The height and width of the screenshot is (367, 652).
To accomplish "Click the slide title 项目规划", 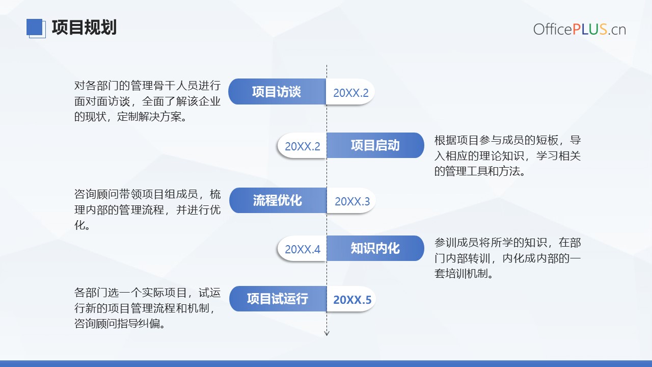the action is [x=84, y=28].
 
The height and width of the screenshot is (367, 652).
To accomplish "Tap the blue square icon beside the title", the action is [x=36, y=28].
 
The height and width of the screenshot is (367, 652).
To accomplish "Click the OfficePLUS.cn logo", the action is [x=580, y=30].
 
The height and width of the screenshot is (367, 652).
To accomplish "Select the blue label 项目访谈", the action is [x=277, y=92].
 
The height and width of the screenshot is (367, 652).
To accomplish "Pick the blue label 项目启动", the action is [x=375, y=145].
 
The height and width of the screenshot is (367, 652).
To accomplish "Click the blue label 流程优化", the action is [x=278, y=200].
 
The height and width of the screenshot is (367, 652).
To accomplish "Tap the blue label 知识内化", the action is [x=375, y=248].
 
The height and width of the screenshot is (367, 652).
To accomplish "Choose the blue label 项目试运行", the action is [x=278, y=299].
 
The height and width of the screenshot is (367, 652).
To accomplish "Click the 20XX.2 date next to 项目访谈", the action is [x=351, y=93].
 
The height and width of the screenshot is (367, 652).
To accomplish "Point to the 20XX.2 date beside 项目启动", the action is [x=303, y=146].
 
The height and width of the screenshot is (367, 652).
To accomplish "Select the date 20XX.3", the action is [x=352, y=201].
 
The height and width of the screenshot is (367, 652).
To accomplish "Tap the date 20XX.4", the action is [x=303, y=249].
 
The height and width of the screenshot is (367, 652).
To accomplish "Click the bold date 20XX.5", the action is [x=352, y=300].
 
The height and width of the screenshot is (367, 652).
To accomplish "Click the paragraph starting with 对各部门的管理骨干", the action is [x=147, y=101].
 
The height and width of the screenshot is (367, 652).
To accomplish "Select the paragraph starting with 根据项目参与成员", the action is [x=507, y=155].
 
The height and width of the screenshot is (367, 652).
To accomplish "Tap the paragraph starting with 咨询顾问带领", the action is [x=147, y=209].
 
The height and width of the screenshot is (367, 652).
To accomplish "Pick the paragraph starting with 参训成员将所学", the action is [x=507, y=258].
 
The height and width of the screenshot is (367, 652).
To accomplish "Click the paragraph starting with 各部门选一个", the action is [x=147, y=308].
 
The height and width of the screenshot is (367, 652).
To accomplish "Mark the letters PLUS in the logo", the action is [x=590, y=30].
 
